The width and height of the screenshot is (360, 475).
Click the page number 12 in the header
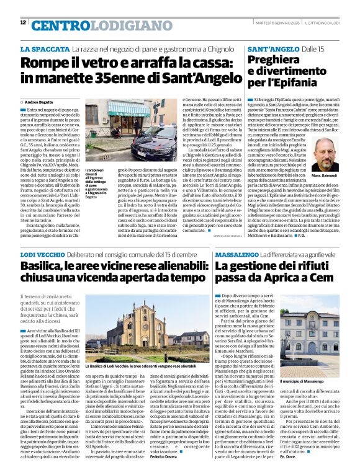point(23,22)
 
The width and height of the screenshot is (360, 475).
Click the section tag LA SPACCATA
point(44,48)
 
